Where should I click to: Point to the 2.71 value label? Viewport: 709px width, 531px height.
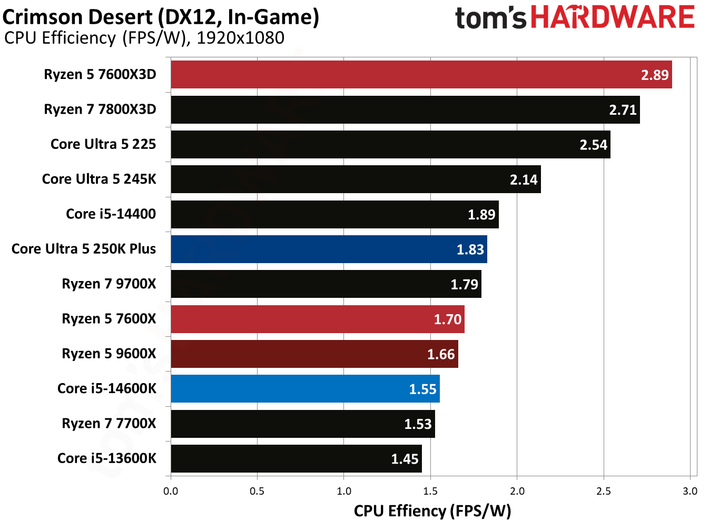point(623,110)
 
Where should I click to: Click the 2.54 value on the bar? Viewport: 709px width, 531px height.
point(593,145)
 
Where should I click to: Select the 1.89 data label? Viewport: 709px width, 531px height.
point(481,215)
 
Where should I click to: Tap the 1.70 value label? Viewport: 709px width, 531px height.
point(447,319)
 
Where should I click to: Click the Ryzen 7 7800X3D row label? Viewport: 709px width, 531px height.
point(100,109)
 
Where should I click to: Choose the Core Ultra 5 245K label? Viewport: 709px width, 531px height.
point(99,179)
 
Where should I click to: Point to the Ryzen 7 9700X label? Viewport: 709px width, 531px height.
point(109,284)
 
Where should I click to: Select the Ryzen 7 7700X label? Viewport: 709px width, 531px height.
point(109,424)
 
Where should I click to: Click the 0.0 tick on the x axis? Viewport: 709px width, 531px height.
point(171,491)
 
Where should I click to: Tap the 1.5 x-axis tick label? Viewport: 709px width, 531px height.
point(430,491)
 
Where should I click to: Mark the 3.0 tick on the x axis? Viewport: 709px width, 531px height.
point(690,491)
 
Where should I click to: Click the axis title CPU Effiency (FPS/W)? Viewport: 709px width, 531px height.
point(432,511)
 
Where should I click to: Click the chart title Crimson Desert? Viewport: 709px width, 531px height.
point(79,17)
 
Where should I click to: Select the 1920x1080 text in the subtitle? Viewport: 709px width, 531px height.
point(240,38)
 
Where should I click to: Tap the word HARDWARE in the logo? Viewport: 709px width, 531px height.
point(613,17)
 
